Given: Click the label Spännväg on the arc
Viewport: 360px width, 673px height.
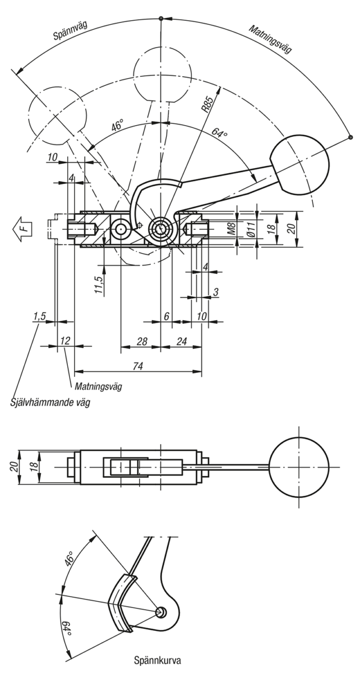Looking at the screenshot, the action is [x=70, y=31].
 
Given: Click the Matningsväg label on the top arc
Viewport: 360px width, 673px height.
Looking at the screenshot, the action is [x=270, y=39].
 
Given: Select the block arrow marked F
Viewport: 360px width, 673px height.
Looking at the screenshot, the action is [x=22, y=229].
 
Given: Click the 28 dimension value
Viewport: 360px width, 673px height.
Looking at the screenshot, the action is [x=142, y=341].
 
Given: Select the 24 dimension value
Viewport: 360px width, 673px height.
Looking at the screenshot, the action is [x=181, y=341].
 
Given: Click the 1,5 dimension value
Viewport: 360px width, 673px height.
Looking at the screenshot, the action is [x=39, y=316].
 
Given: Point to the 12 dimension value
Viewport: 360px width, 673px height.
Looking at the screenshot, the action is [x=65, y=340].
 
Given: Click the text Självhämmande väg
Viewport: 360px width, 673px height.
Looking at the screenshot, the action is [x=50, y=402].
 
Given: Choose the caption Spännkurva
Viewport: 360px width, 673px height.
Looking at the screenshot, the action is [x=158, y=661].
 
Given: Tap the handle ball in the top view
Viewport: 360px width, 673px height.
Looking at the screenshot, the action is [x=299, y=467].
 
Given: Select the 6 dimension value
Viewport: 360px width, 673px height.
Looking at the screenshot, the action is [x=167, y=316].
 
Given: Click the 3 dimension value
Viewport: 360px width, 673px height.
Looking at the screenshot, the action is [x=215, y=292].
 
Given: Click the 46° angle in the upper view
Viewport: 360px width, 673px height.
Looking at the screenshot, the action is [x=118, y=125].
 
